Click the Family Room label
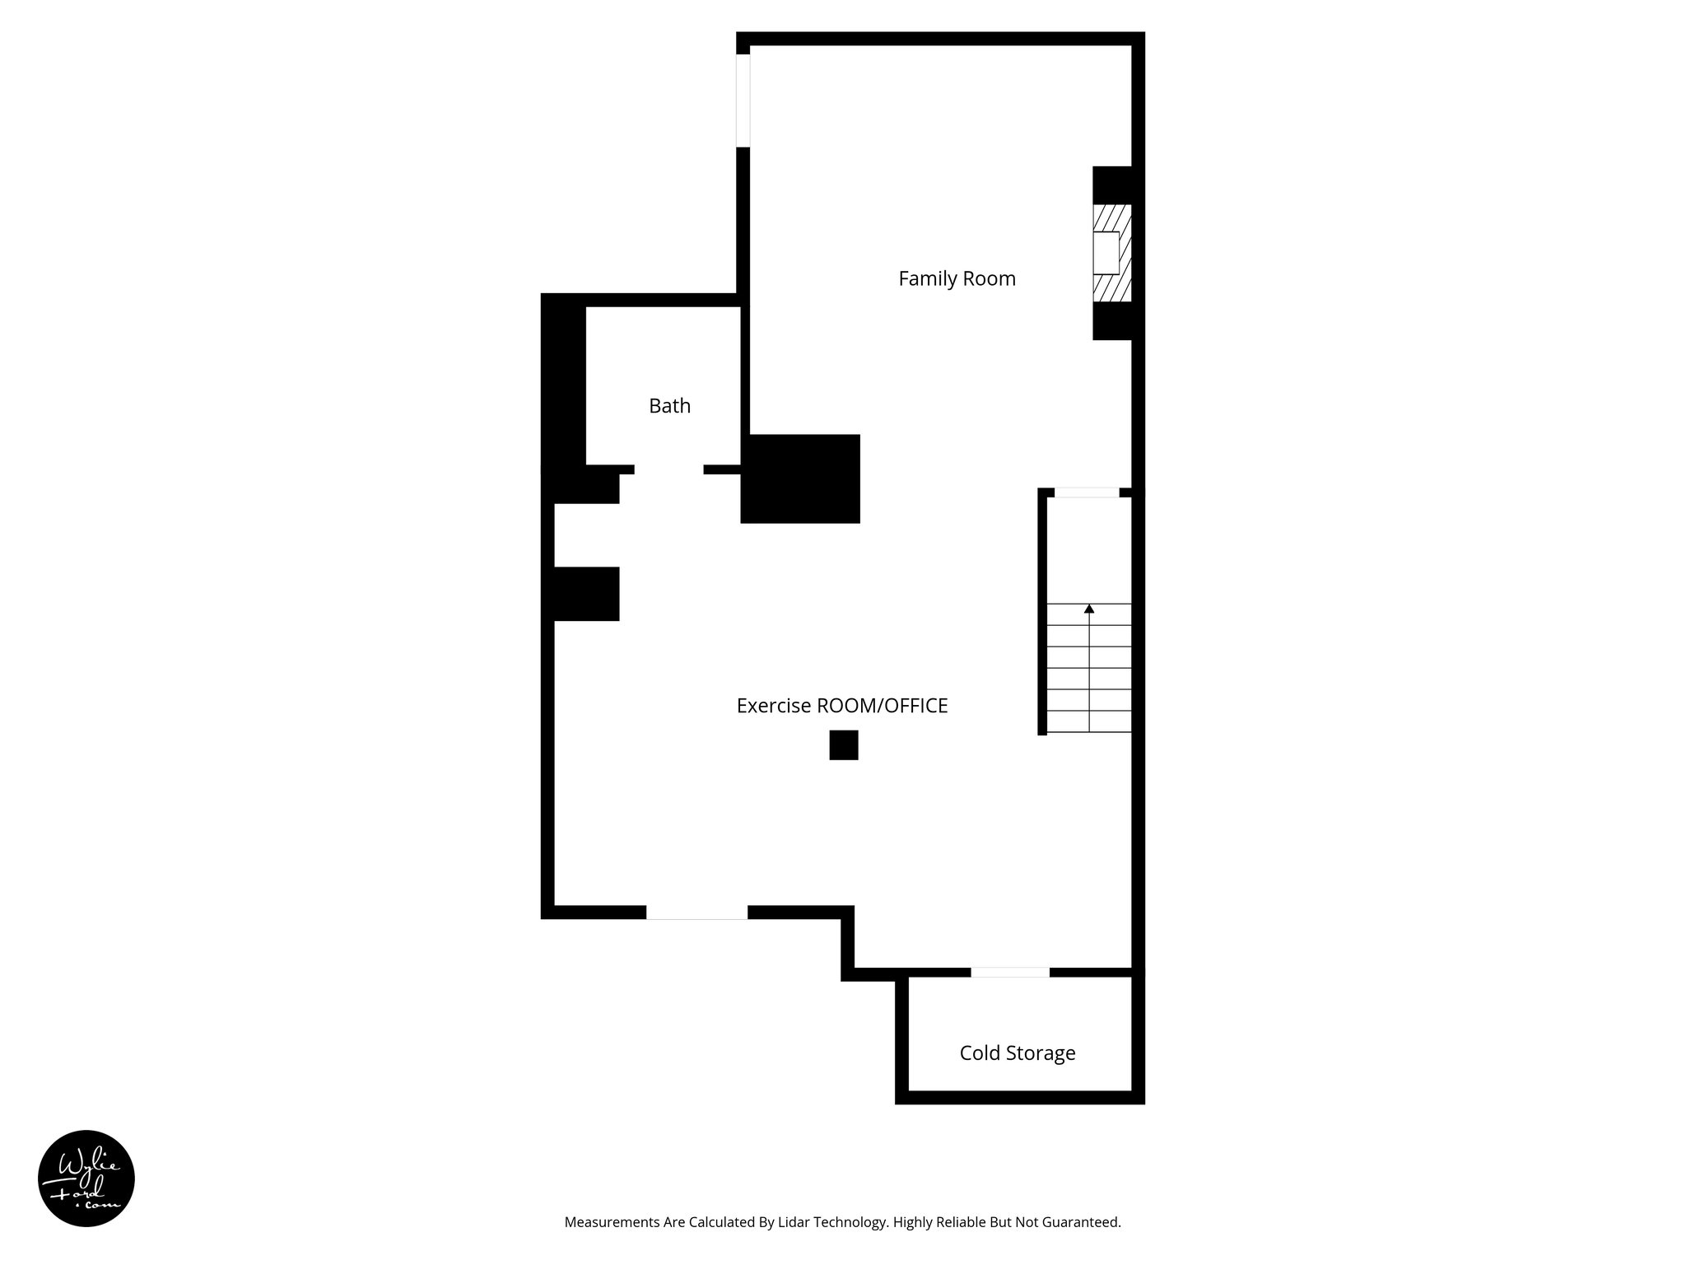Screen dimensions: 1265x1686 [957, 279]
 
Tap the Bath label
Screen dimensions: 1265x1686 [669, 406]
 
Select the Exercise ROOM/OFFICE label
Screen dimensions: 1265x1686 [841, 706]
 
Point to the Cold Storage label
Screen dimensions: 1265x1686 [1017, 1053]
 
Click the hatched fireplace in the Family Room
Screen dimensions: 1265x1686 [1111, 253]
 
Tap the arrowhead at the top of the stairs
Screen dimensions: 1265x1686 [1089, 609]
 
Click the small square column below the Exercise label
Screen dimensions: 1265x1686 [843, 745]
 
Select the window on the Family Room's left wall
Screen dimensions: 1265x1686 [743, 100]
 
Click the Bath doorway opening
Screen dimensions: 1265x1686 [668, 469]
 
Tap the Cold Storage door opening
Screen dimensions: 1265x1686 [1010, 973]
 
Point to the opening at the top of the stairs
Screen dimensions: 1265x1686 [1087, 492]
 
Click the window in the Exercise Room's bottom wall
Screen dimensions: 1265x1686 [696, 913]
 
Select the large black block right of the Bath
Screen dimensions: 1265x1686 [800, 478]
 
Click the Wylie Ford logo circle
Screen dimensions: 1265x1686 [86, 1179]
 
